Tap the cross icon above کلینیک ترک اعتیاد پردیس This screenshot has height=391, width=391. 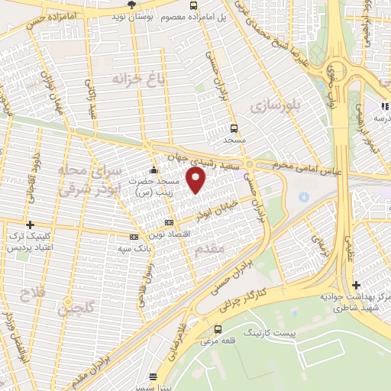tap(30, 225)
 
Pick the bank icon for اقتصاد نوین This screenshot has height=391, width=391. tap(169, 222)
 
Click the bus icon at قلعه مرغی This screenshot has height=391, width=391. tap(219, 329)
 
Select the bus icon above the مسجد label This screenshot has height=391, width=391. tap(234, 128)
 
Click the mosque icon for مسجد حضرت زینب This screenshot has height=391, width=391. tap(154, 170)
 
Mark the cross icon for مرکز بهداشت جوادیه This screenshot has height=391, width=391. tap(357, 285)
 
